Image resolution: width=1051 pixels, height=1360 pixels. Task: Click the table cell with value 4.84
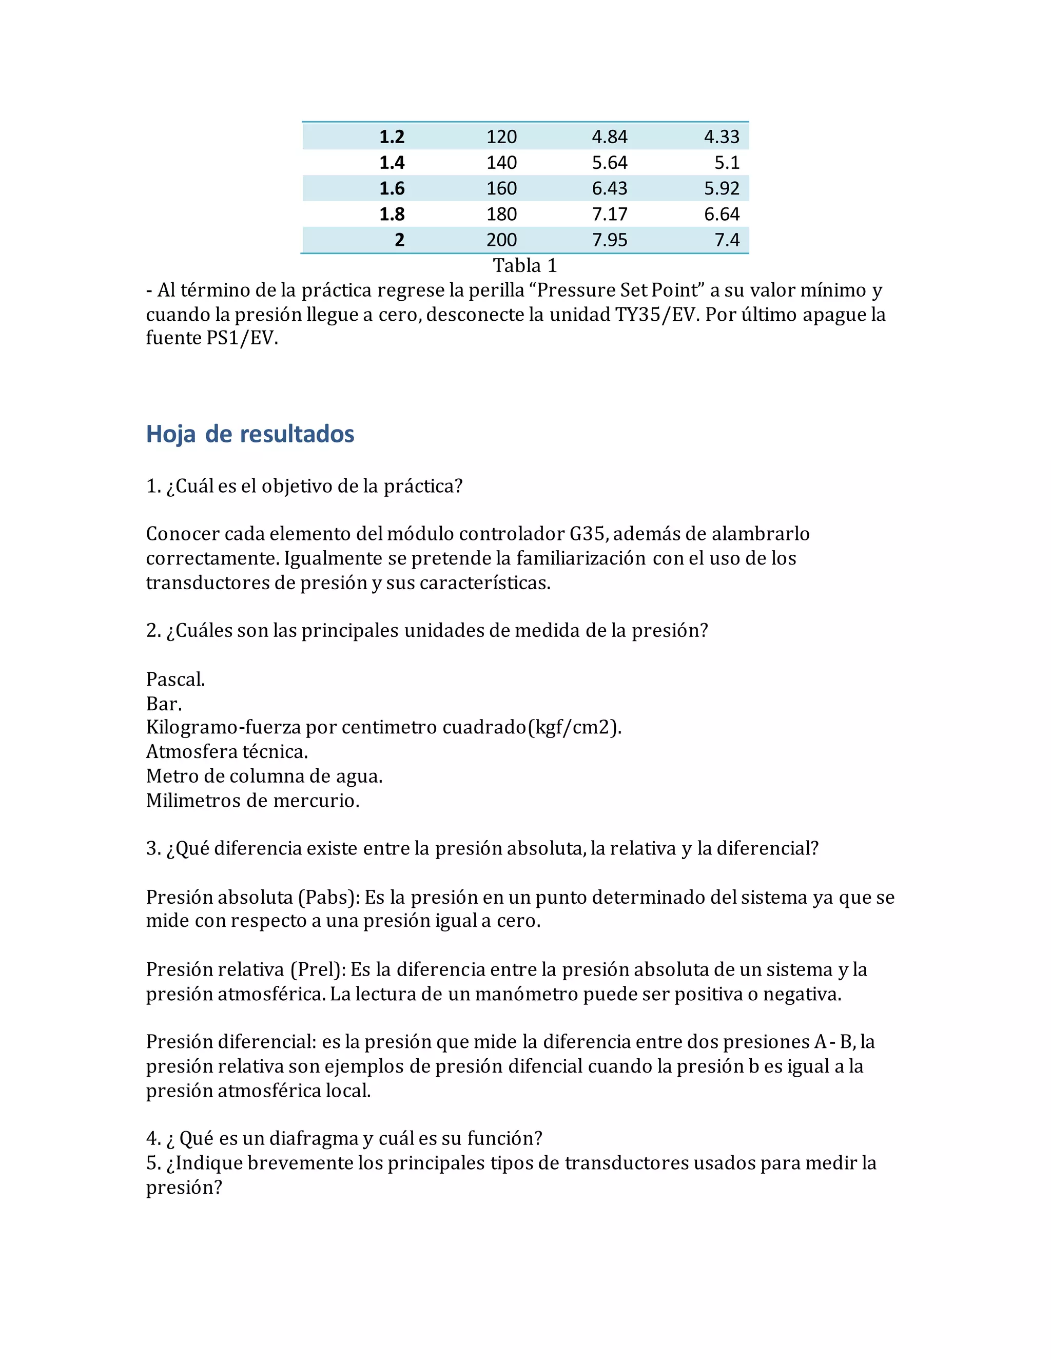[609, 137]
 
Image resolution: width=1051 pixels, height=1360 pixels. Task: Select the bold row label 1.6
[392, 188]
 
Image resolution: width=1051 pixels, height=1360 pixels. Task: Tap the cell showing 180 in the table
[501, 214]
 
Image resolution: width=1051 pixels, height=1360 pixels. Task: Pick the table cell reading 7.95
[609, 240]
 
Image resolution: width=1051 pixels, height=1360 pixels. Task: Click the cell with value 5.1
[727, 163]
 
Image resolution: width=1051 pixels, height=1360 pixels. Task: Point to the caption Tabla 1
[525, 266]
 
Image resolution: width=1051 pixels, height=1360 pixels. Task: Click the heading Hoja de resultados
[250, 434]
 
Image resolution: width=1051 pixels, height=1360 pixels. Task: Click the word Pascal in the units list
[174, 679]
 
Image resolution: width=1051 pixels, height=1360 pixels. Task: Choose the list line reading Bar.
[164, 704]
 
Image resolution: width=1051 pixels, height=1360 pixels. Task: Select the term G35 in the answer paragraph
[587, 534]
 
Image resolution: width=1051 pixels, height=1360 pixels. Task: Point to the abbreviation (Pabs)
[329, 897]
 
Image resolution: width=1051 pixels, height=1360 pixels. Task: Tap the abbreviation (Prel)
[318, 969]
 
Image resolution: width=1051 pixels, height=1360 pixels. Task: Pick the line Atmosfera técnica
[227, 752]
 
